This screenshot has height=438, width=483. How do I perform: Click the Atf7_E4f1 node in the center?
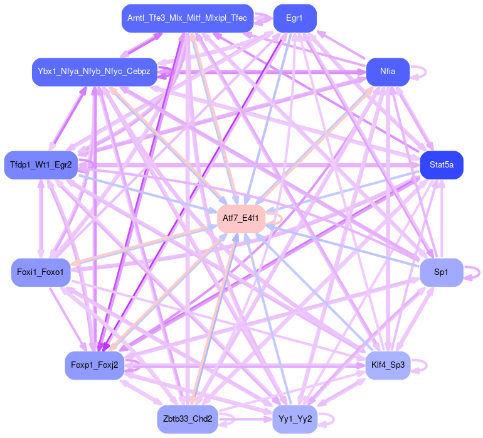[241, 218]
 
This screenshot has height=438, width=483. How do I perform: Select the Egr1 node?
[294, 18]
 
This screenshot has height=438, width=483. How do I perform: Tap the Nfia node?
[388, 72]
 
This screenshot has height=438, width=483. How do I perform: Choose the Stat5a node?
[442, 165]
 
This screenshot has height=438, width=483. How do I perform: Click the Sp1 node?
[441, 272]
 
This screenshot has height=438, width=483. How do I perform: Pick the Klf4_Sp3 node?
[388, 365]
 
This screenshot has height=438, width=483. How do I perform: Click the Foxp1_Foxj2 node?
[94, 365]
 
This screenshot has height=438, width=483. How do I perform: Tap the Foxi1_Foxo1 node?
[41, 272]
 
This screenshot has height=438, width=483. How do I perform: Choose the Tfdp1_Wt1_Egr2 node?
[41, 165]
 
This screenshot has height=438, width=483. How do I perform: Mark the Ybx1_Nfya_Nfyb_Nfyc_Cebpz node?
[94, 72]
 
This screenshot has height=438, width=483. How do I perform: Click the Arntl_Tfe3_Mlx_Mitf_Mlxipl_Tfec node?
[187, 18]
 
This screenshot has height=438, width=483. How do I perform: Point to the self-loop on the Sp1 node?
[475, 272]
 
